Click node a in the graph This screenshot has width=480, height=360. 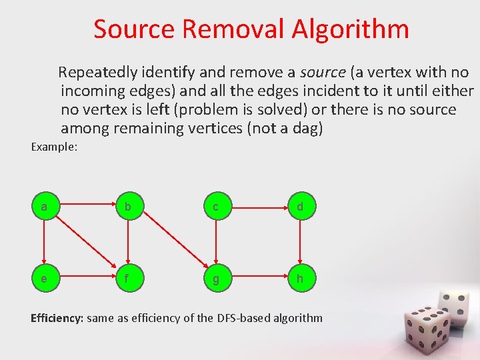pos(44,207)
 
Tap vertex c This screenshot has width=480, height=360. pos(215,207)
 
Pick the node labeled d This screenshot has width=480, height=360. pos(301,207)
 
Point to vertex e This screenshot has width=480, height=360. pos(44,279)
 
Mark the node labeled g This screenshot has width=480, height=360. pos(215,279)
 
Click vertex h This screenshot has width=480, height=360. pos(301,279)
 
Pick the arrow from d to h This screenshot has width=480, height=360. pos(300,243)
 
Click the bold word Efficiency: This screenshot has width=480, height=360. pos(57,318)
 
